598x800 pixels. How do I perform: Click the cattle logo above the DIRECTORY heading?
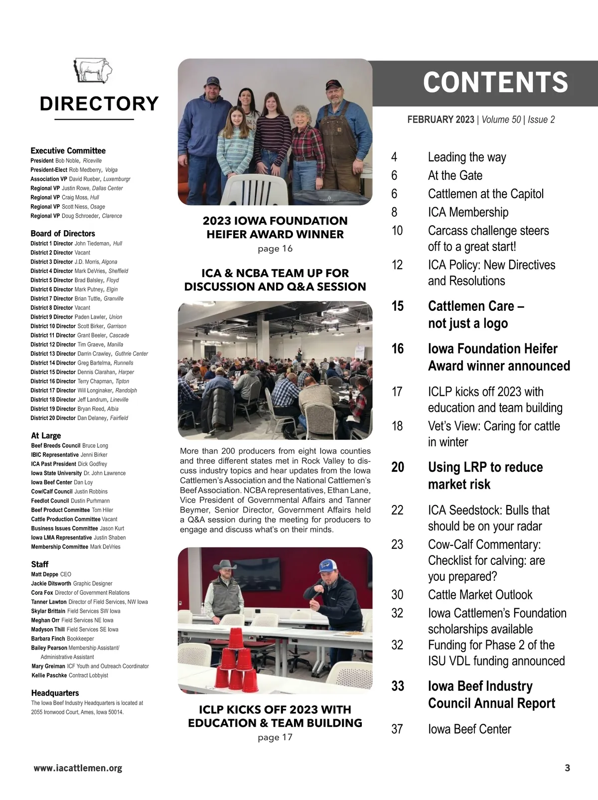coord(94,71)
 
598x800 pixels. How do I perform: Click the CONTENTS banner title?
coord(495,83)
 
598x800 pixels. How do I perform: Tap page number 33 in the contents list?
coord(398,686)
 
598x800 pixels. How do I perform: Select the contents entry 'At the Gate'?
coord(455,175)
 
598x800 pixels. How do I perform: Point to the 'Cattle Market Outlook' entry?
coord(480,595)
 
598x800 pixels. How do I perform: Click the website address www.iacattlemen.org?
coord(78,768)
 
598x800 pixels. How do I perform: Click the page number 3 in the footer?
coord(567,768)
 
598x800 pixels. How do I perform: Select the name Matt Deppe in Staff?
coord(45,574)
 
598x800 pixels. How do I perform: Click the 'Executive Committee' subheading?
coord(68,150)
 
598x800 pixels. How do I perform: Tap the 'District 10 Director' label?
coord(53,326)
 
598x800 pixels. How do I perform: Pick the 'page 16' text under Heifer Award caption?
coord(275,249)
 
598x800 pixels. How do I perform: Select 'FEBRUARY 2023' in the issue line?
coord(441,120)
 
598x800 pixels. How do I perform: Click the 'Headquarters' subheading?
coord(55,693)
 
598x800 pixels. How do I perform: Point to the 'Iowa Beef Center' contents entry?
coord(469,729)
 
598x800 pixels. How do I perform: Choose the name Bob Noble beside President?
coord(67,161)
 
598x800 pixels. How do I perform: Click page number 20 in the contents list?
coord(398,467)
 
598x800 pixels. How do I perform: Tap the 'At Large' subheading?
coord(46,435)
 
